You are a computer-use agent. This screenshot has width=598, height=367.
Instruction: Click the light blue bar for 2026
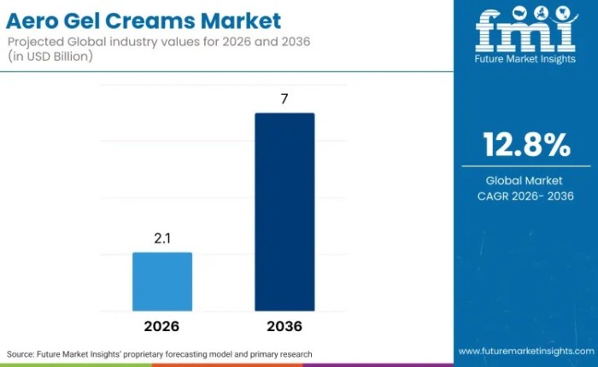[162, 282]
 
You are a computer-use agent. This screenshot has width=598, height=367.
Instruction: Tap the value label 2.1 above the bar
[162, 239]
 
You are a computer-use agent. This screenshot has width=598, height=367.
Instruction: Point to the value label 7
[284, 99]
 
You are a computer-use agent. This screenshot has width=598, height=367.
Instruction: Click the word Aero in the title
[34, 20]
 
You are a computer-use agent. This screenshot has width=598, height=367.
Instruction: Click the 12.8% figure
[526, 146]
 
